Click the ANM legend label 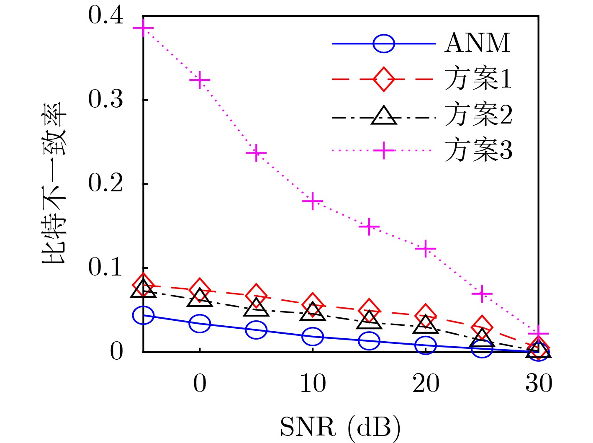477,43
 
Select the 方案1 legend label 478,79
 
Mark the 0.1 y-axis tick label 105,268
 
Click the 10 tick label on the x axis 313,384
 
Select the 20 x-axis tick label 426,384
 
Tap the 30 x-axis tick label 539,384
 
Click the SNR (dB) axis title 340,428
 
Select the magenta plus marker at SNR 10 313,201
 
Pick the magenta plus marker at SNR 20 426,249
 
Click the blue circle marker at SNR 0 200,323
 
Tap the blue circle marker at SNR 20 426,345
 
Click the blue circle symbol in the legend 383,43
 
